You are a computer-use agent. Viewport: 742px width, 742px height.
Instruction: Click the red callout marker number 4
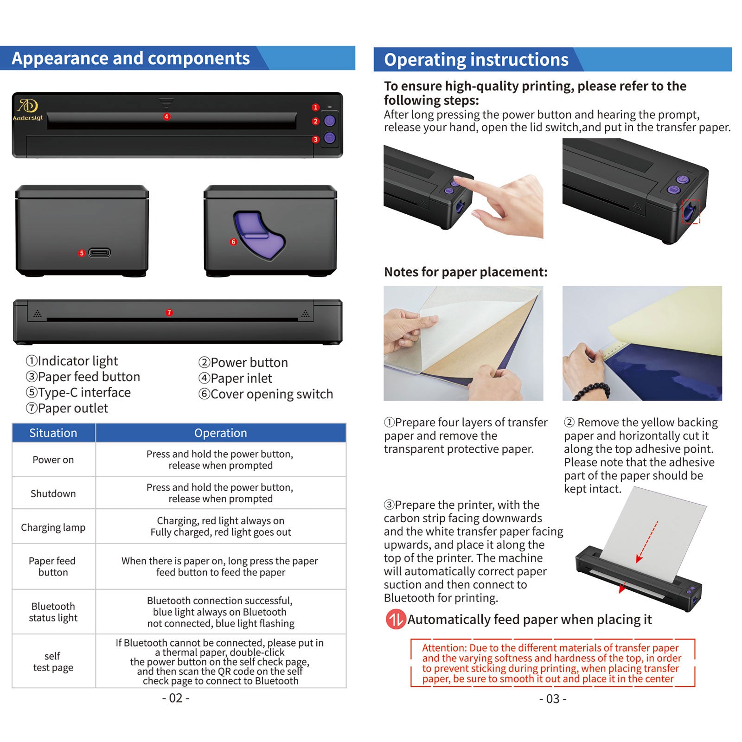pyautogui.click(x=166, y=116)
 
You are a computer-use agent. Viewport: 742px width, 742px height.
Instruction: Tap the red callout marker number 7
pyautogui.click(x=169, y=313)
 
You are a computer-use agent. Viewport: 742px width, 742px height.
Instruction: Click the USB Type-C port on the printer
pyautogui.click(x=100, y=253)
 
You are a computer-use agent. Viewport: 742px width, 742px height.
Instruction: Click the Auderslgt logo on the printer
pyautogui.click(x=27, y=110)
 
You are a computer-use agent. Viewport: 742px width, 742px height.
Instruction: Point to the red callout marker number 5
pyautogui.click(x=82, y=253)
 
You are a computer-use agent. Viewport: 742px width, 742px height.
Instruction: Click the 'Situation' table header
pyautogui.click(x=53, y=433)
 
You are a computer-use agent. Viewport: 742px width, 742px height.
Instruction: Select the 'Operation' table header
pyautogui.click(x=221, y=433)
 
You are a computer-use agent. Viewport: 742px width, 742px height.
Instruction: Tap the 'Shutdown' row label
pyautogui.click(x=53, y=493)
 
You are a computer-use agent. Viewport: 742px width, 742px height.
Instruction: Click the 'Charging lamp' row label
pyautogui.click(x=53, y=527)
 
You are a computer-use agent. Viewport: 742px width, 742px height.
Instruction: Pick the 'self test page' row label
pyautogui.click(x=53, y=662)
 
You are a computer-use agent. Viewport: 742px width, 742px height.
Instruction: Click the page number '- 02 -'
pyautogui.click(x=176, y=698)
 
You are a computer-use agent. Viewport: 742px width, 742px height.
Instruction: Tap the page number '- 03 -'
pyautogui.click(x=553, y=699)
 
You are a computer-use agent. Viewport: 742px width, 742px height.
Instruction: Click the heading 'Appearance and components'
pyautogui.click(x=131, y=58)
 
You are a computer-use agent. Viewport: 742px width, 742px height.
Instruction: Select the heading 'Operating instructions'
pyautogui.click(x=476, y=60)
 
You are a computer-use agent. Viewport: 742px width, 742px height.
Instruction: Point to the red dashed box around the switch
pyautogui.click(x=691, y=211)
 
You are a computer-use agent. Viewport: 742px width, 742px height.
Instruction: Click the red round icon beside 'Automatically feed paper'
pyautogui.click(x=396, y=620)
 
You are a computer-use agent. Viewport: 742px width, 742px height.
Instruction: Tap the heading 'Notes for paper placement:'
pyautogui.click(x=466, y=272)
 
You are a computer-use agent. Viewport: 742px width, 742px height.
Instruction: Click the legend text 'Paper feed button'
pyautogui.click(x=83, y=377)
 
